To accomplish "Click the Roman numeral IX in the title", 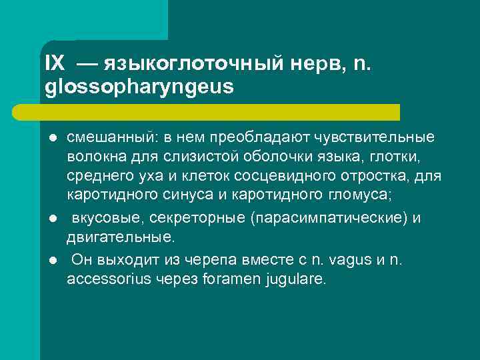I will click(55, 63).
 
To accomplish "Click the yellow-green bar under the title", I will click(220, 111).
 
